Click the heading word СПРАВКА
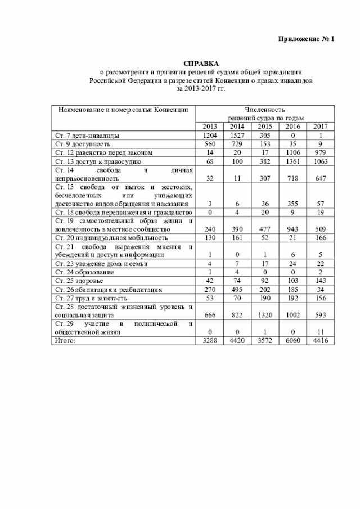201,64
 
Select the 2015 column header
264,127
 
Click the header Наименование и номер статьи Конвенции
120,109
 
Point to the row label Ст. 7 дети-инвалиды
87,136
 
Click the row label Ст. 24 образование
83,272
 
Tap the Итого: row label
65,340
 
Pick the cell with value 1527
236,136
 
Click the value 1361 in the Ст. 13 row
292,161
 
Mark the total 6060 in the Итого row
292,340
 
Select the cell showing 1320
264,315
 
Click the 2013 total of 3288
209,340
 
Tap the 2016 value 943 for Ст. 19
292,229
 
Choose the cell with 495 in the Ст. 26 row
236,289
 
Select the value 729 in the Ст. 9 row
236,144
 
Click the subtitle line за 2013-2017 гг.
201,88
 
